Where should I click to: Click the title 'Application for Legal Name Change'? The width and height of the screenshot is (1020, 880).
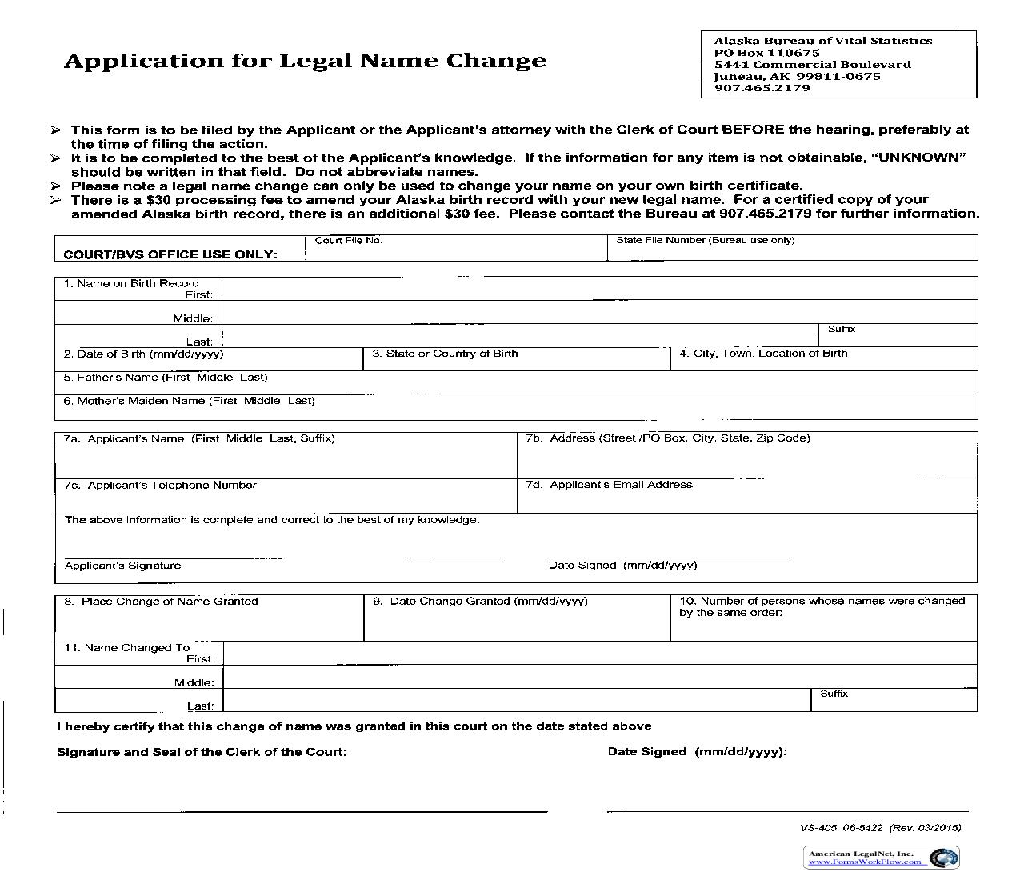point(305,62)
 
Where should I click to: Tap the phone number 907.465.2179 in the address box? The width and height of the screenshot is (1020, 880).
point(762,88)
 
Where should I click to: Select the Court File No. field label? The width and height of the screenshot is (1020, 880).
point(349,241)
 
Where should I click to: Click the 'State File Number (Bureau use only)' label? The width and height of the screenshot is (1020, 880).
point(705,241)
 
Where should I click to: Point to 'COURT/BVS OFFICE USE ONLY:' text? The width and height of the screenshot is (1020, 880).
point(170,254)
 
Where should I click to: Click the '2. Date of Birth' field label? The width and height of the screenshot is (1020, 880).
point(143,354)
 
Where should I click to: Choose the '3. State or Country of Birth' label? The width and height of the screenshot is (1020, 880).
point(445,354)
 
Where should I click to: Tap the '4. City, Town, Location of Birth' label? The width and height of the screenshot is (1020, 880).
point(763,354)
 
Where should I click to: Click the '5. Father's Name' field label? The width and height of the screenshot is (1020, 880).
point(166,378)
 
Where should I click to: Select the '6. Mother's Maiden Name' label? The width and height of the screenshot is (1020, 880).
point(189,401)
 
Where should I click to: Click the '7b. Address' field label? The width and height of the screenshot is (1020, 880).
point(668,438)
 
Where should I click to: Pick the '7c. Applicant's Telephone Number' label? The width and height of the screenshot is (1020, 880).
point(160,486)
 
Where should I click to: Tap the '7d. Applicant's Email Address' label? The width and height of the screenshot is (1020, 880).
point(609,485)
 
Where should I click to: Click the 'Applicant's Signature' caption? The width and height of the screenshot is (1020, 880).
point(122,566)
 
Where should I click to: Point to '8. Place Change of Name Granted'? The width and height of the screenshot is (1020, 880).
point(161,602)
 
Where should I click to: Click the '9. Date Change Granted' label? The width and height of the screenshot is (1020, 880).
point(480,602)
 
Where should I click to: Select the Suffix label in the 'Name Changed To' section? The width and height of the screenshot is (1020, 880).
point(834,694)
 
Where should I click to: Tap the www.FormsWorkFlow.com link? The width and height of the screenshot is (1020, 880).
point(867,862)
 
